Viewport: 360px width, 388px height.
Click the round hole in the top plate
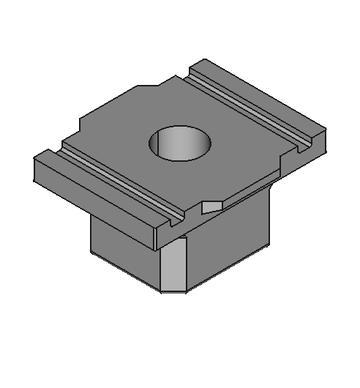pyautogui.click(x=179, y=142)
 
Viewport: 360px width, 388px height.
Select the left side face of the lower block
pyautogui.click(x=124, y=253)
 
